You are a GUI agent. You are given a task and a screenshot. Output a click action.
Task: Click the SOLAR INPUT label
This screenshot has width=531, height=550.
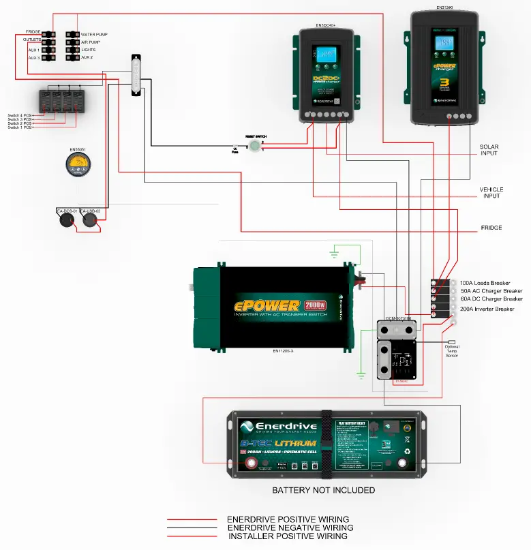point(489,150)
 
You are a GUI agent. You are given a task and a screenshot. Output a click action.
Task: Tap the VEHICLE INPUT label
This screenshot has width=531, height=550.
point(490,192)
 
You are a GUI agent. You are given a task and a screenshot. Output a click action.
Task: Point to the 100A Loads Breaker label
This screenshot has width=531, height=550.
point(485,283)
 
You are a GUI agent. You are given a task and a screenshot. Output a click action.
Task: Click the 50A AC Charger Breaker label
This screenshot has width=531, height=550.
point(490,291)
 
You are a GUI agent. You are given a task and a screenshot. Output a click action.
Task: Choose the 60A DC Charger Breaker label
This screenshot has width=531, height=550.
point(490,299)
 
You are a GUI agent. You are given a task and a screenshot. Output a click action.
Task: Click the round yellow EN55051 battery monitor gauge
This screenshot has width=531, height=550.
point(80,165)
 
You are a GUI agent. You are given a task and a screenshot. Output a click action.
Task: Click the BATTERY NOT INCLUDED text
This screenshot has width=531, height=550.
point(323,490)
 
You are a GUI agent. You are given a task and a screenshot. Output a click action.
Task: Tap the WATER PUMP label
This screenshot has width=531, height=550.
point(94,34)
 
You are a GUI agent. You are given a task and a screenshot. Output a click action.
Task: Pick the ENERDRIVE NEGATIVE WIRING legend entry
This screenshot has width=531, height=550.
point(290,528)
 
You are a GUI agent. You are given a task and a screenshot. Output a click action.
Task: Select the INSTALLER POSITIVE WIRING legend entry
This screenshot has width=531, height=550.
point(287,536)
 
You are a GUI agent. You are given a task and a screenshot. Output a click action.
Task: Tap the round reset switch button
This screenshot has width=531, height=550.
point(255,146)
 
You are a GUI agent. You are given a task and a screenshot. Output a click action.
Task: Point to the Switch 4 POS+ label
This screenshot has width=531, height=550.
point(20,114)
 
